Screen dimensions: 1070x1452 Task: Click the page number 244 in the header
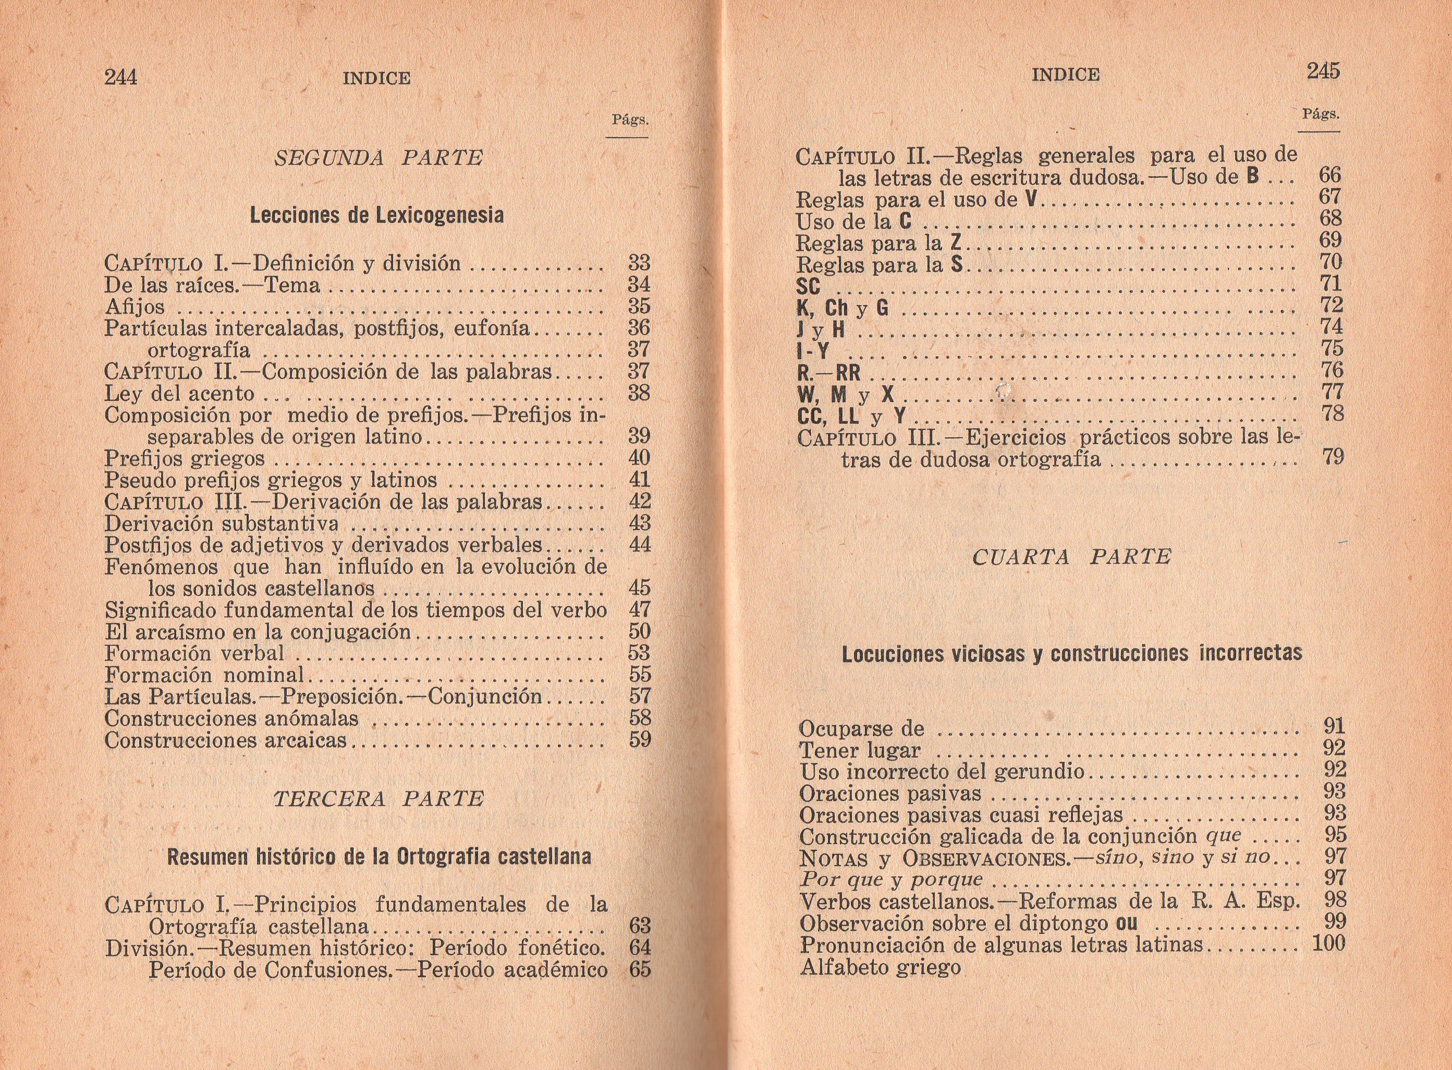pyautogui.click(x=120, y=77)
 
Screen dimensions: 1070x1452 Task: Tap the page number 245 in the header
pyautogui.click(x=1323, y=71)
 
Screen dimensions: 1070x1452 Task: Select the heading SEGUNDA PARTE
pyautogui.click(x=379, y=158)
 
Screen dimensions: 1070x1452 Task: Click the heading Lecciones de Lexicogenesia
pyautogui.click(x=376, y=215)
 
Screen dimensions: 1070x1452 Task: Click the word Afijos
pyautogui.click(x=135, y=306)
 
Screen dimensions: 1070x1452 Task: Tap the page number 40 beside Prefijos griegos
pyautogui.click(x=639, y=458)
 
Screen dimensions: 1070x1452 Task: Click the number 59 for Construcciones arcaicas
pyautogui.click(x=640, y=739)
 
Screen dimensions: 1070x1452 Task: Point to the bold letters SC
pyautogui.click(x=809, y=286)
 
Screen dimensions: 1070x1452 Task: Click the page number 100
pyautogui.click(x=1328, y=943)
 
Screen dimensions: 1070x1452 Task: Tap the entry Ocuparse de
pyautogui.click(x=861, y=729)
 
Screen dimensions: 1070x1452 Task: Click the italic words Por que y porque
pyautogui.click(x=891, y=880)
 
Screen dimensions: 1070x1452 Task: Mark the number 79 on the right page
pyautogui.click(x=1332, y=457)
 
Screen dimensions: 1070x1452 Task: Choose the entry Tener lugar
pyautogui.click(x=859, y=751)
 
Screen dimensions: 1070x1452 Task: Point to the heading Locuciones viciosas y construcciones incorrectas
pyautogui.click(x=1072, y=654)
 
